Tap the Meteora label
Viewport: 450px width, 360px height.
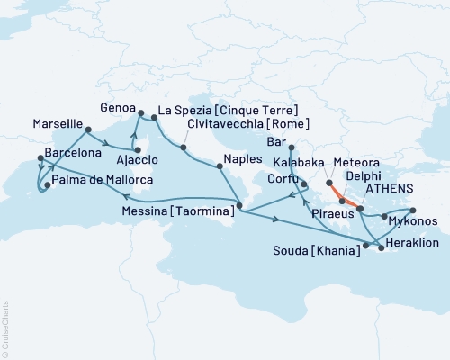[x=355, y=162]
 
